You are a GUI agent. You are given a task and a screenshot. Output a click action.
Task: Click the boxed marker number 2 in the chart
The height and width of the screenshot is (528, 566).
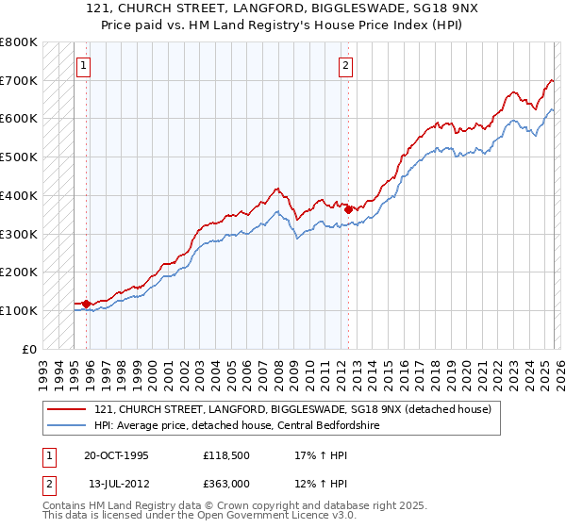click(x=346, y=66)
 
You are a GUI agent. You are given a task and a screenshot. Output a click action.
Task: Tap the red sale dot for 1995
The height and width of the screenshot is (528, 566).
click(x=86, y=304)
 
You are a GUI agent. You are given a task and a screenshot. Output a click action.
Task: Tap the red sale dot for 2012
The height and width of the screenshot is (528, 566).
click(x=348, y=209)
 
